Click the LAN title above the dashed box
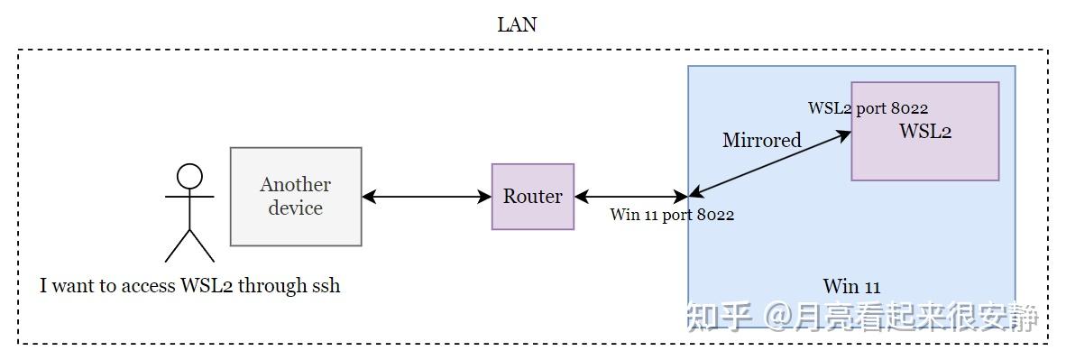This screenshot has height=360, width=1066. (x=517, y=25)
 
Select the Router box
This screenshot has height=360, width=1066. (x=532, y=196)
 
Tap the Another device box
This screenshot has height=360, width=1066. (x=296, y=196)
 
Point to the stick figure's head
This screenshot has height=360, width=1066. (x=189, y=175)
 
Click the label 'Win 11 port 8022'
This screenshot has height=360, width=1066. (x=672, y=215)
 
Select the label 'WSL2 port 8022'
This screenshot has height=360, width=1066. (x=868, y=108)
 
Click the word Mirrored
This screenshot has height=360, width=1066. (x=761, y=140)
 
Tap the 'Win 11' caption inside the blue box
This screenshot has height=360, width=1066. (x=851, y=287)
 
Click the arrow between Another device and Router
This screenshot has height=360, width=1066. (x=426, y=196)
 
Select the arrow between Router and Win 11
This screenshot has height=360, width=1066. (x=631, y=196)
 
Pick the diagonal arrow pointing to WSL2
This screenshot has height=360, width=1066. (x=771, y=163)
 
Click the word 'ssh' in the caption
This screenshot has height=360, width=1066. (x=326, y=286)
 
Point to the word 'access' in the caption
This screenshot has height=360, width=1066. (x=144, y=286)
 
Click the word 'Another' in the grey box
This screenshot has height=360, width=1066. (x=296, y=185)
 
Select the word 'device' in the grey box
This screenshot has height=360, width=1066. (x=296, y=208)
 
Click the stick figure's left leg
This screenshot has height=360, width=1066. (x=178, y=245)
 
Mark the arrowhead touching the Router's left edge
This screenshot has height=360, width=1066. (x=485, y=196)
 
